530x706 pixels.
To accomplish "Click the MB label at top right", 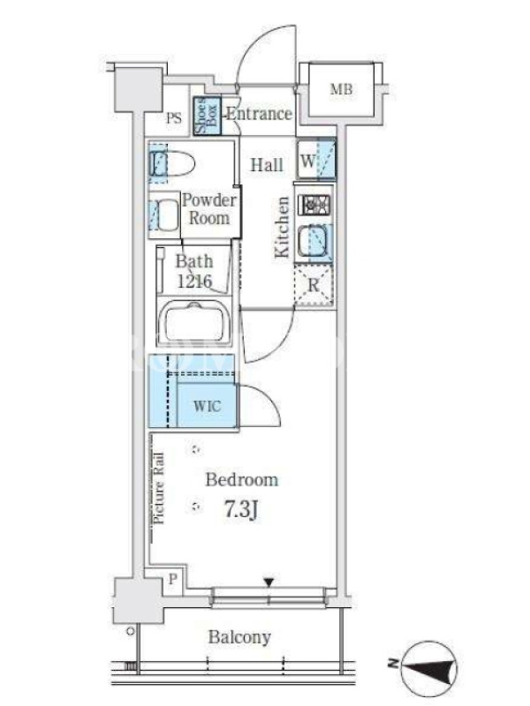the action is click(341, 89).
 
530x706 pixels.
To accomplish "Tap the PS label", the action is click(174, 118).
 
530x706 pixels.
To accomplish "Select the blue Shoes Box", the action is click(208, 116).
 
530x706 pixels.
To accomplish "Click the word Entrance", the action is click(259, 114).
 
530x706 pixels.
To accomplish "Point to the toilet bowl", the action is click(171, 163).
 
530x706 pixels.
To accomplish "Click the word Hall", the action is click(267, 165).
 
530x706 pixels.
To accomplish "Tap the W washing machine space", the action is click(316, 161).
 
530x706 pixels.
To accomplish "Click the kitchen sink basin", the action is click(314, 241).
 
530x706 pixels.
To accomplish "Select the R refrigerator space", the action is click(314, 285).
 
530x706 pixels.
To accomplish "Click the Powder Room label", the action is click(209, 209).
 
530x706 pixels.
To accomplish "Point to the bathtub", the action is click(194, 322).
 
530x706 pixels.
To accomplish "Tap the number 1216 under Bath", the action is click(194, 282).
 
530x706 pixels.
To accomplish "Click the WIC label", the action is click(208, 406).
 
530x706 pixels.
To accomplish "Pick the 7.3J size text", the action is click(241, 510).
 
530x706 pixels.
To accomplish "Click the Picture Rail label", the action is click(159, 489).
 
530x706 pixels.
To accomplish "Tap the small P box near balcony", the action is click(172, 579).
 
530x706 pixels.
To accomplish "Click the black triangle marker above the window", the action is click(269, 583).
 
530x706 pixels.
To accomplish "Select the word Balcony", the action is click(239, 637).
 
